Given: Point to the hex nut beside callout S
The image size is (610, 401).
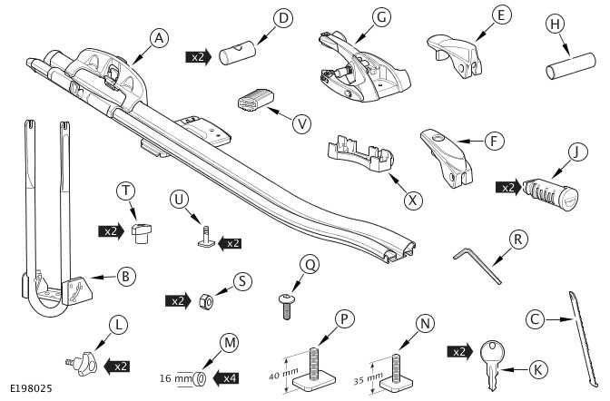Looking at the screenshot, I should click(206, 300).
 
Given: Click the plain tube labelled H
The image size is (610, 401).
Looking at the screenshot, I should click(562, 71).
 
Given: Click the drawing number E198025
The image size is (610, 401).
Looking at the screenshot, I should click(31, 388).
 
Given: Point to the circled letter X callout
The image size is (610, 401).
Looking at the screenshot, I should click(414, 199).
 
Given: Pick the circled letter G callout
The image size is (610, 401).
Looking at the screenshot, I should click(380, 17).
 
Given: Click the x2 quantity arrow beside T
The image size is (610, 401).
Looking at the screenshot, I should click(111, 231).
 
